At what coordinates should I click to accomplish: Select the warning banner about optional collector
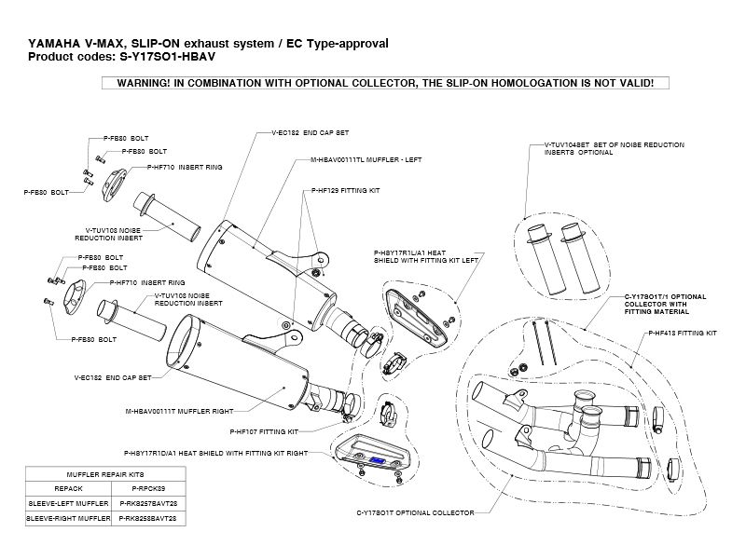pos(384,83)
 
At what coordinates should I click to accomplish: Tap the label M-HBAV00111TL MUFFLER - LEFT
pos(366,160)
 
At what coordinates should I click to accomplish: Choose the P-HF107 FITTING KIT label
pos(264,432)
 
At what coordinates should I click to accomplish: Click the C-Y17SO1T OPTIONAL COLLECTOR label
pos(416,512)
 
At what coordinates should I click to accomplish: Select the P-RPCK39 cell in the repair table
pos(148,488)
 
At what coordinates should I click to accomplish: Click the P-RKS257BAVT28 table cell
pos(148,501)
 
